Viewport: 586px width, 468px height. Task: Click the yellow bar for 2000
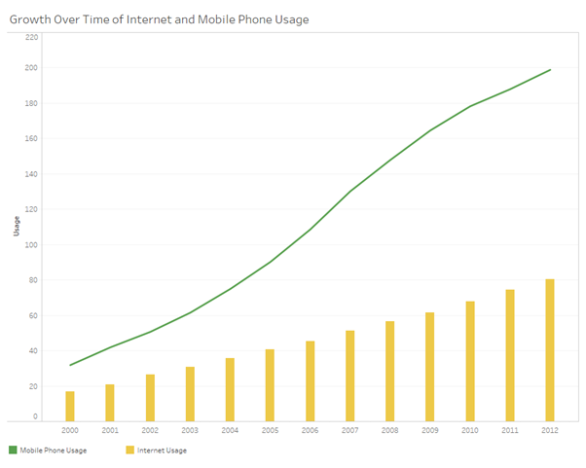point(70,406)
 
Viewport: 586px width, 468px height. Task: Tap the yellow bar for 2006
point(310,380)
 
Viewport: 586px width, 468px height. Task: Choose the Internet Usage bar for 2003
point(190,394)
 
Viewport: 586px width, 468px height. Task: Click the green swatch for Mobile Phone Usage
point(13,450)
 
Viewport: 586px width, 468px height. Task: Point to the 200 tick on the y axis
point(32,68)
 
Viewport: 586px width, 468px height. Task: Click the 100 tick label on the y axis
point(32,245)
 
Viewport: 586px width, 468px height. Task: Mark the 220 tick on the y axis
point(32,37)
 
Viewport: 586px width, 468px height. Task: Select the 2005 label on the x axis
point(270,429)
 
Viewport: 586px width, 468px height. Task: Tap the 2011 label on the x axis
point(509,429)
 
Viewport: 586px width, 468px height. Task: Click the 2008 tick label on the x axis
point(389,429)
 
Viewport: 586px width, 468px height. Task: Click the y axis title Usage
point(16,227)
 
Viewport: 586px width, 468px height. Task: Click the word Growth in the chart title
point(32,18)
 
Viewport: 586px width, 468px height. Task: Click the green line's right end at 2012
point(550,70)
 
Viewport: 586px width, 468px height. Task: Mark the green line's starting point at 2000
point(70,365)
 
